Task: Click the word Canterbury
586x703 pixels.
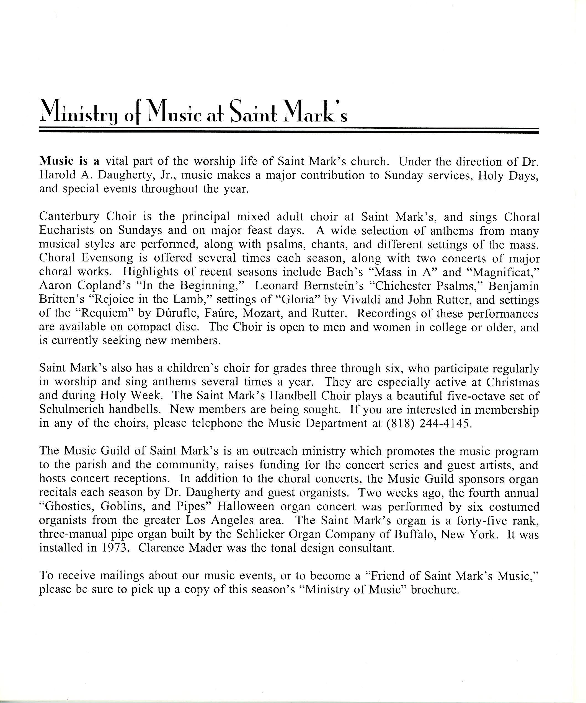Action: [x=69, y=217]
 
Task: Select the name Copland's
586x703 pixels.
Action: [x=104, y=285]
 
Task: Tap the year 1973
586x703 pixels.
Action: [x=115, y=548]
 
